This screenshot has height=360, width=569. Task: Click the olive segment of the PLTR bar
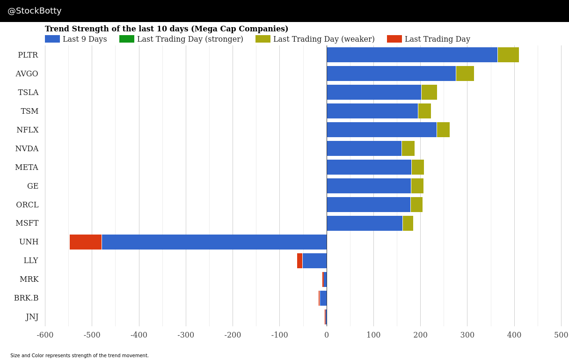tap(508, 55)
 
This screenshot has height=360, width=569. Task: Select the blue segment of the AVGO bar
tap(391, 73)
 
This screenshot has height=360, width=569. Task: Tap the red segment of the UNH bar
tap(85, 242)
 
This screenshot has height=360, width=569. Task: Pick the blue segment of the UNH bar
tap(214, 242)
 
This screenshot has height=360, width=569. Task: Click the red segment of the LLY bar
tap(299, 261)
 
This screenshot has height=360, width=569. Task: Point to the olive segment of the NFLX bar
tap(443, 130)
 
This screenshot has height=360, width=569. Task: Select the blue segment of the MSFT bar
tap(364, 223)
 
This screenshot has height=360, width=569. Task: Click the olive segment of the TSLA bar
tap(429, 92)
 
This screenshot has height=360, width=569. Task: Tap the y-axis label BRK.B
tap(26, 298)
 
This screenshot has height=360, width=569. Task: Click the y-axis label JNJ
tap(32, 317)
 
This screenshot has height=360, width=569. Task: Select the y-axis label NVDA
tap(27, 149)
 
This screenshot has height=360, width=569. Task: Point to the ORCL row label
tap(27, 205)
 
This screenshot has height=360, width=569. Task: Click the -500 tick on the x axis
tap(92, 335)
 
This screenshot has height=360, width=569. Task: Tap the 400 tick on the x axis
tap(514, 335)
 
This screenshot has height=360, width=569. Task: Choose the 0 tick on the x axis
tap(327, 335)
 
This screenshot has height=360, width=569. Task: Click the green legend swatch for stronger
tap(126, 39)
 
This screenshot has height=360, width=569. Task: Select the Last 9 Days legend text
tap(85, 39)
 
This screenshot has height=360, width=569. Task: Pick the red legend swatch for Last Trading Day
tap(394, 39)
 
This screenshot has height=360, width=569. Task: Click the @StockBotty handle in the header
tap(35, 11)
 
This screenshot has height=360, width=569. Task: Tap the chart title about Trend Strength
tap(167, 29)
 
